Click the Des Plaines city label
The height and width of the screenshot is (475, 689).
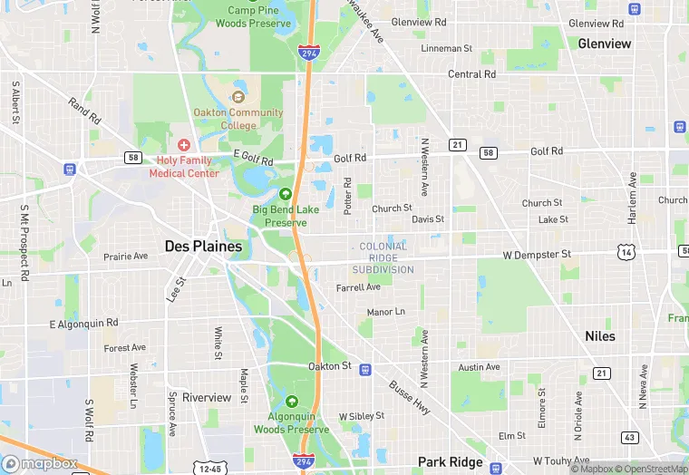203,246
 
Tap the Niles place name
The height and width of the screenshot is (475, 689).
599,335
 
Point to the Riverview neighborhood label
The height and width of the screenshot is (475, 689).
207,397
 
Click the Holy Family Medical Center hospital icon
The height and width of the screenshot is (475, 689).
184,144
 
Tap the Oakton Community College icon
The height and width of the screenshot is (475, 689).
238,97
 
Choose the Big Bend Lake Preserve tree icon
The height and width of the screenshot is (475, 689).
286,193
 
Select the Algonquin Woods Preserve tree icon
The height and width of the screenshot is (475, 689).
291,402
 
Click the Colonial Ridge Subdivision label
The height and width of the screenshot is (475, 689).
383,257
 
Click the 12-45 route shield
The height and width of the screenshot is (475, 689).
209,469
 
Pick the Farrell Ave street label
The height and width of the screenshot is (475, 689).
358,287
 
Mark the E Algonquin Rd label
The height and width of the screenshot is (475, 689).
83,323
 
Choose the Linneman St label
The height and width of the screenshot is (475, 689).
447,48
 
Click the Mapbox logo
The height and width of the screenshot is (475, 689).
38,463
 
